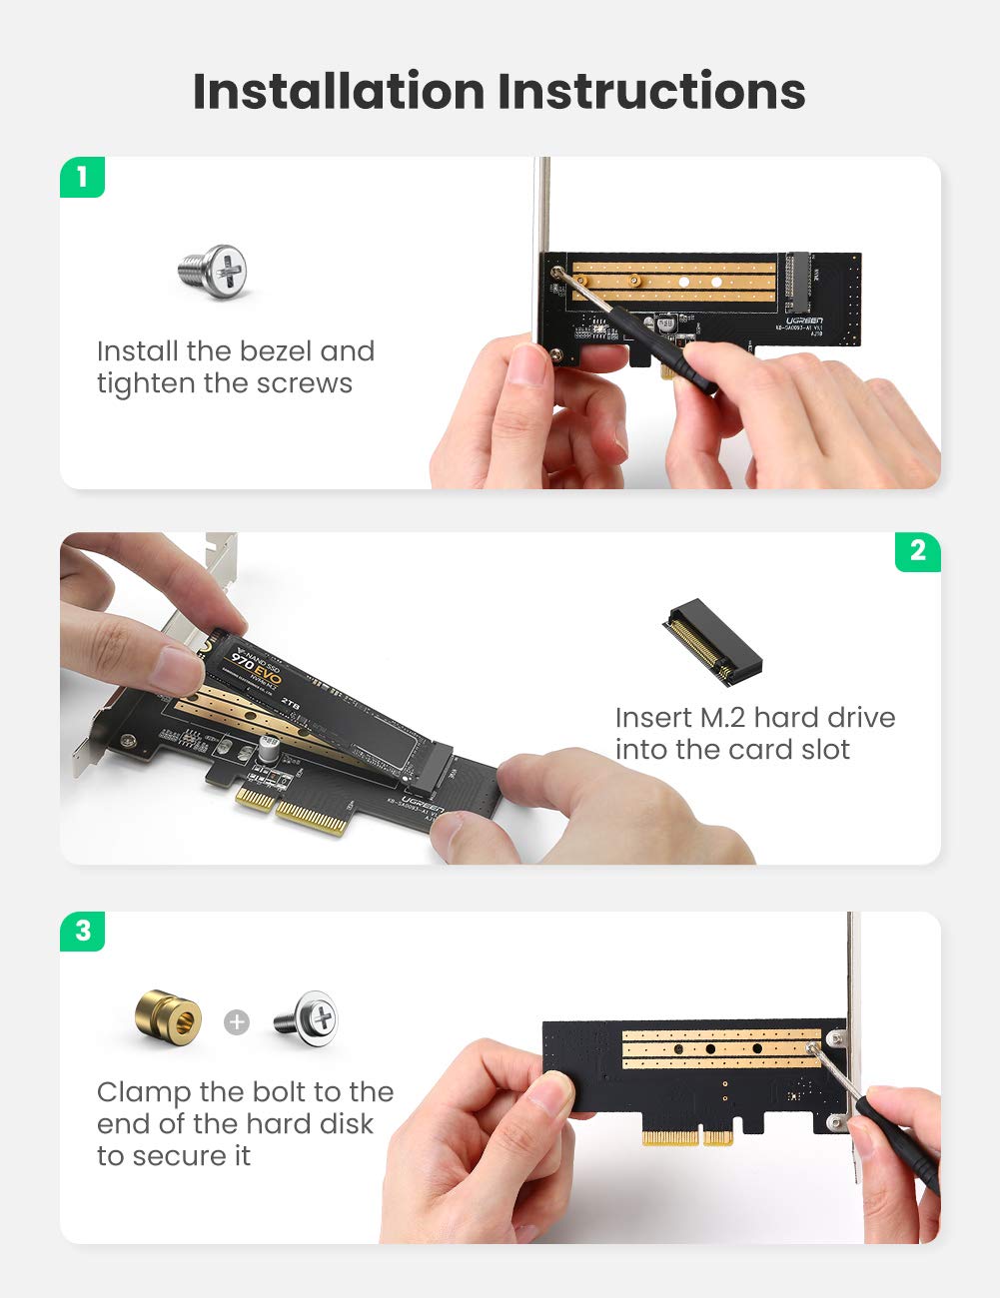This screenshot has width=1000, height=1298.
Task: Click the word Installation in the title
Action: [339, 91]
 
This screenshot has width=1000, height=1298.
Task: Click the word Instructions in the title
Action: [651, 91]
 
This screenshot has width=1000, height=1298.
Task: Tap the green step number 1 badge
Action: [82, 178]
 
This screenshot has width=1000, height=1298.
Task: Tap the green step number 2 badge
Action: [917, 551]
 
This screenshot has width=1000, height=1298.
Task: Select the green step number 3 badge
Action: [82, 931]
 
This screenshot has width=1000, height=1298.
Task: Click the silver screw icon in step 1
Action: [214, 272]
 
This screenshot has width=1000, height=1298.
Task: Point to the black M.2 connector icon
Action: [711, 642]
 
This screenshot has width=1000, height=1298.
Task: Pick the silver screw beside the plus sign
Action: [307, 1018]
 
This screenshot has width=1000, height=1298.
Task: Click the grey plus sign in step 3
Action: [237, 1021]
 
